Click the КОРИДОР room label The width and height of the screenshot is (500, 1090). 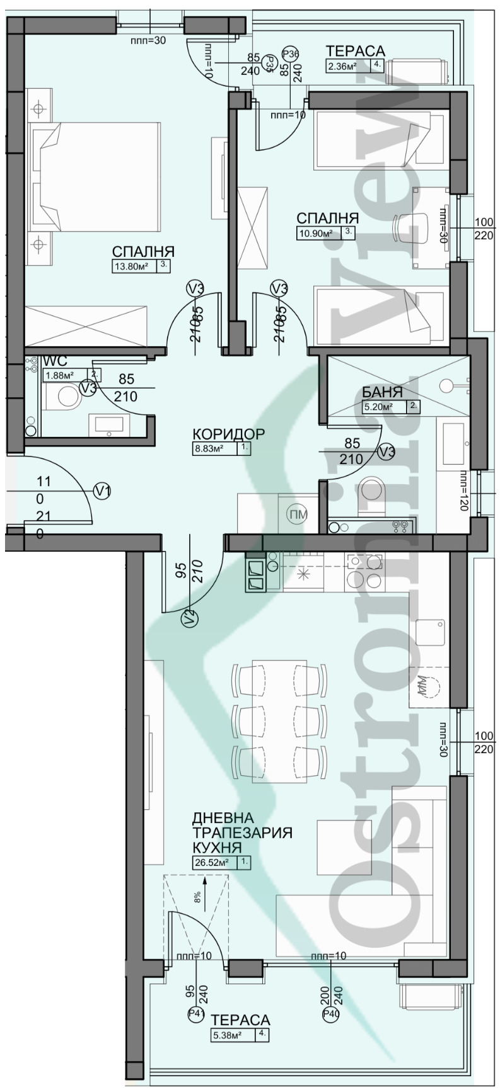pos(228,434)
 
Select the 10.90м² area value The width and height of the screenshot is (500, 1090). pos(315,233)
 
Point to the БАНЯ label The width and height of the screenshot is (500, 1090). pos(382,394)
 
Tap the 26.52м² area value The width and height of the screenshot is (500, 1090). pos(211,863)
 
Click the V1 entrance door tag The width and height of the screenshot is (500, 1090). pos(102,491)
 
